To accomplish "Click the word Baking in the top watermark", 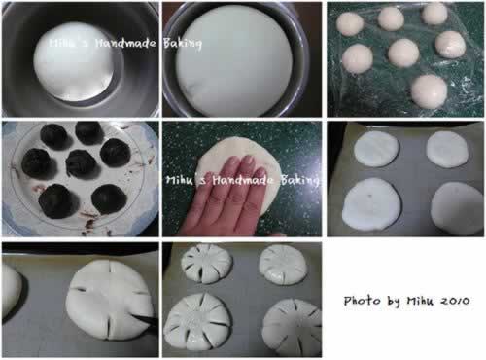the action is click(183, 44).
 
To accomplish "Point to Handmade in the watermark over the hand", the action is click(242, 180).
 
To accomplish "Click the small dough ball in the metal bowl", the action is click(74, 61).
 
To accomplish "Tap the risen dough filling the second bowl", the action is click(234, 60).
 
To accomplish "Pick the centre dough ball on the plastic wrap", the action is click(403, 53).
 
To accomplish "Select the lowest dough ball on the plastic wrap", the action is click(430, 91).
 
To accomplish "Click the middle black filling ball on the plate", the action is click(82, 164).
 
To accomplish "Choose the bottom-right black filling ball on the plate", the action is click(109, 199).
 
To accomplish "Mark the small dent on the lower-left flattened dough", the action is click(369, 195).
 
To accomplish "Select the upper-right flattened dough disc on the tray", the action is click(447, 150).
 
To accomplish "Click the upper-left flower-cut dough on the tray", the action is click(206, 264).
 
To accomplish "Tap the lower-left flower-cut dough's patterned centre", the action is click(196, 320).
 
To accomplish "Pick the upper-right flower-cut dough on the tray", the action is click(283, 265).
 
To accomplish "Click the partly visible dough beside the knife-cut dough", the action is click(11, 292).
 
